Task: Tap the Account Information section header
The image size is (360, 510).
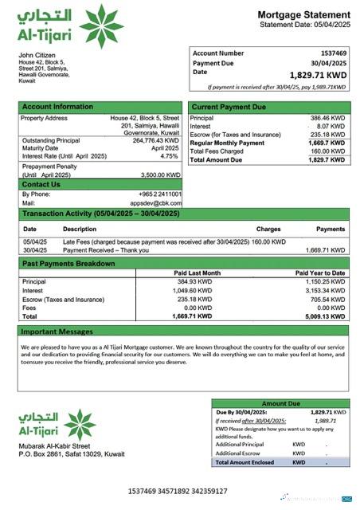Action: coord(57,107)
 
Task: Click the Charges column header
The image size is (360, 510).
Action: coord(268,229)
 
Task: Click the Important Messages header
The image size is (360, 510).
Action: coord(57,331)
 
